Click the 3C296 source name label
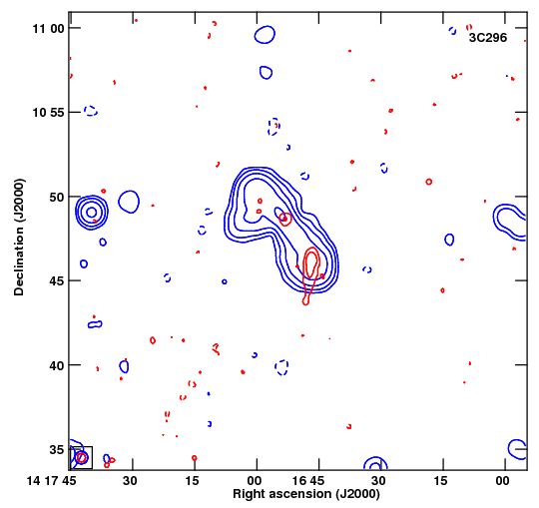tap(488, 38)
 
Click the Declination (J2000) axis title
tap(19, 238)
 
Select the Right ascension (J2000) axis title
tap(306, 494)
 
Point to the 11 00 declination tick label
tap(49, 29)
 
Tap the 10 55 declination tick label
tap(49, 113)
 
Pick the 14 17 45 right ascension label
tap(51, 480)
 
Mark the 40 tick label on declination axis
tap(57, 365)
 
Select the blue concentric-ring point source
tap(92, 213)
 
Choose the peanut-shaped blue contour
tap(95, 324)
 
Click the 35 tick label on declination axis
tap(57, 449)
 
